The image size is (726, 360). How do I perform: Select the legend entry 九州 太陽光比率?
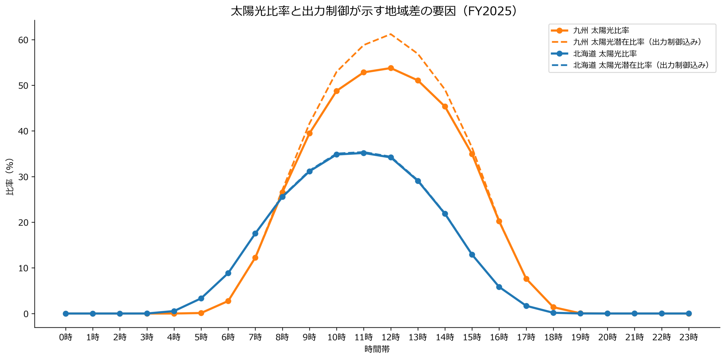601,30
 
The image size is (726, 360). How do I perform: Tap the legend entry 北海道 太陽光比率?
605,54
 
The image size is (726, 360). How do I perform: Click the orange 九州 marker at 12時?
391,68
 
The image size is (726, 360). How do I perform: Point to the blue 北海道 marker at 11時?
364,153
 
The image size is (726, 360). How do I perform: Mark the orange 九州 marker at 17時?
526,279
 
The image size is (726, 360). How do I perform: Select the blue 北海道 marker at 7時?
255,233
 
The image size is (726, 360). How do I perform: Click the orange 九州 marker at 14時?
445,106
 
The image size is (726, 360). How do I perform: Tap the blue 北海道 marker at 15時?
472,255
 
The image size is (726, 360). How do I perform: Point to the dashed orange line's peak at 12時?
391,34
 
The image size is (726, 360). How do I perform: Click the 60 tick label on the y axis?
23,40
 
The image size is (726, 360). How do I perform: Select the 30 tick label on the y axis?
23,177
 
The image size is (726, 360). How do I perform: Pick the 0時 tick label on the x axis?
66,337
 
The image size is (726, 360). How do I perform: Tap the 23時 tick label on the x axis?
689,337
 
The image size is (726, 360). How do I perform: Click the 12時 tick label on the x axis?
391,337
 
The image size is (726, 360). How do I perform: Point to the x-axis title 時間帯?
377,349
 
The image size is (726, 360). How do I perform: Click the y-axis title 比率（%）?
10,177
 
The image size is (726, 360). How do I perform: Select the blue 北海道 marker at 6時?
228,273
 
